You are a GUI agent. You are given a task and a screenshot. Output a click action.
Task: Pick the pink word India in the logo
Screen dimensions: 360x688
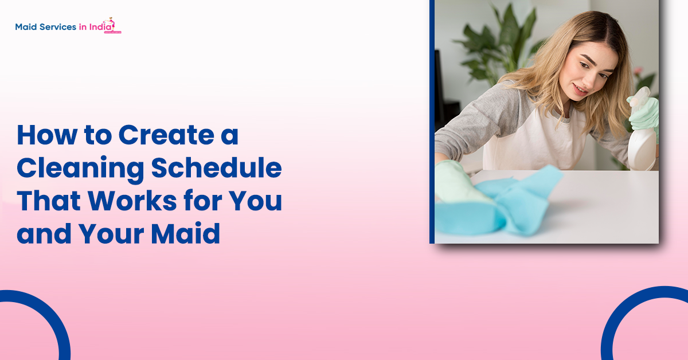101,26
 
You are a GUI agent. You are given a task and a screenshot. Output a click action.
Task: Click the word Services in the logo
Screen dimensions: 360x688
57,26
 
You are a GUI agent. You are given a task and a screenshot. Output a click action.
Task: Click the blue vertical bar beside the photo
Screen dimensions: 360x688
432,122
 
